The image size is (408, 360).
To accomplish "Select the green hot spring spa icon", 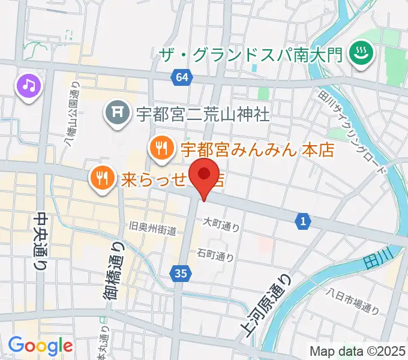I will click(362, 55).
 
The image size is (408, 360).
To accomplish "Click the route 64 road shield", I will click(182, 76).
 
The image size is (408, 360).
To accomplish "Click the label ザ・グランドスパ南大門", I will click(250, 55).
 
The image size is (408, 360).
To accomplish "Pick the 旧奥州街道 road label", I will click(152, 229).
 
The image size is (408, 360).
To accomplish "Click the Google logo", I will click(40, 346).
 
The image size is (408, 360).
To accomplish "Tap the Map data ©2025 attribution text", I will click(358, 351).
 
